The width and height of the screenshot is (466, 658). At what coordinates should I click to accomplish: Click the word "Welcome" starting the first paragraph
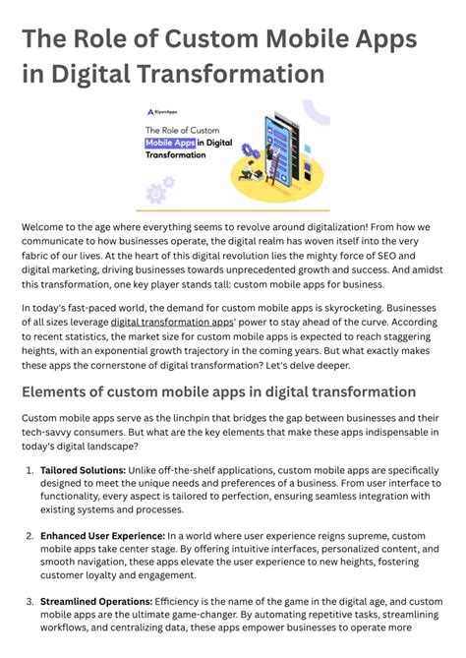coord(47,227)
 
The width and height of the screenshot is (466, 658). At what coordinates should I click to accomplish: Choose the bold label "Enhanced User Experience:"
coord(96,536)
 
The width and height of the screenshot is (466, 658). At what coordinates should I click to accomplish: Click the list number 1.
coord(28,470)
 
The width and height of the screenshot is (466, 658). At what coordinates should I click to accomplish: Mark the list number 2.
coord(28,536)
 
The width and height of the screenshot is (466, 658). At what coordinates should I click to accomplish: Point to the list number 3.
coord(28,601)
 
